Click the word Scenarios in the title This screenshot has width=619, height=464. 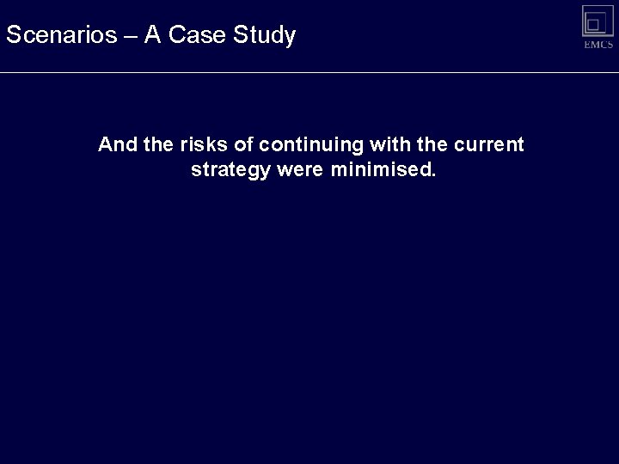click(x=62, y=35)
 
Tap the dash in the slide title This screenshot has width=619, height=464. click(x=131, y=36)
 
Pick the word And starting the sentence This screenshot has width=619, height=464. click(x=117, y=144)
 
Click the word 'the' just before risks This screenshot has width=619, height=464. click(x=158, y=144)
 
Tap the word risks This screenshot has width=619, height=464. click(x=205, y=144)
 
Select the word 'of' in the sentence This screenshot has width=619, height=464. click(x=245, y=144)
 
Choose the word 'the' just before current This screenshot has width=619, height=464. click(x=432, y=144)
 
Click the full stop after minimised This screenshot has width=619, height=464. click(x=433, y=174)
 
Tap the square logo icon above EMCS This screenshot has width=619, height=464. click(x=598, y=21)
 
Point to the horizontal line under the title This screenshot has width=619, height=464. click(x=309, y=72)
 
